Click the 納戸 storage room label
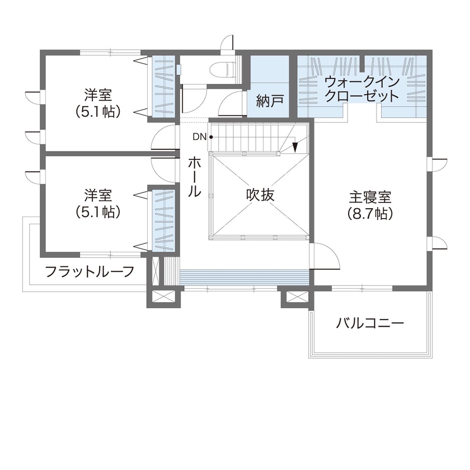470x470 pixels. (270, 101)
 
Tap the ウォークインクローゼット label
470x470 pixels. (362, 89)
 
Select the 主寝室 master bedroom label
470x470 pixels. (370, 198)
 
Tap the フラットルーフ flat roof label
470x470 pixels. (90, 272)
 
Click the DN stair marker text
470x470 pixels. (200, 137)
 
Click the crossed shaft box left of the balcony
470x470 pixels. (294, 297)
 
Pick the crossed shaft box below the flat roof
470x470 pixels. (164, 297)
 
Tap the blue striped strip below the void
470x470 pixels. (245, 276)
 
